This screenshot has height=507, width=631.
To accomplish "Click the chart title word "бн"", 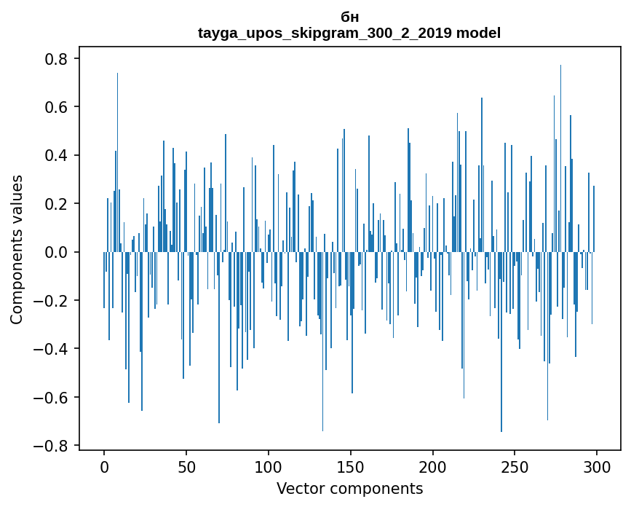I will click(x=349, y=17).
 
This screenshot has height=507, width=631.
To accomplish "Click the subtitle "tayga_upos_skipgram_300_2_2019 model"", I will click(x=349, y=33).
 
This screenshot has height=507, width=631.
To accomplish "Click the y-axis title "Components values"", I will click(x=17, y=249).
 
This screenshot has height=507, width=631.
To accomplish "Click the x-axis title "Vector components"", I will click(x=349, y=488).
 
